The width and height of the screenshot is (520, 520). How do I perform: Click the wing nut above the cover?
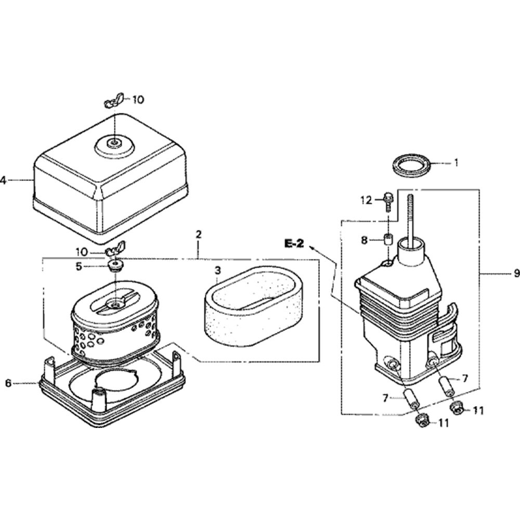click(x=114, y=100)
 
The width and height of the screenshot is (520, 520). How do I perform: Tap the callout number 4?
click(x=4, y=181)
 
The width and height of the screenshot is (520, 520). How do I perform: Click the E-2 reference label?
click(x=294, y=244)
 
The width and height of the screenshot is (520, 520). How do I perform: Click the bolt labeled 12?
click(x=387, y=201)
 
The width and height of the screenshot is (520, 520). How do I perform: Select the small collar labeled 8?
click(x=387, y=239)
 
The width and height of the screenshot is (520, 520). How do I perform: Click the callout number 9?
click(x=516, y=274)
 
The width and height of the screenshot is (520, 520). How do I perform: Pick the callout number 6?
click(x=9, y=383)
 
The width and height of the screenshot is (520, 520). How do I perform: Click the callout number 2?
click(x=198, y=235)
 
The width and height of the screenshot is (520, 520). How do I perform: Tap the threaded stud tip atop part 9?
click(x=410, y=197)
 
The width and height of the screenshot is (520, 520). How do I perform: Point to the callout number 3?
click(x=217, y=270)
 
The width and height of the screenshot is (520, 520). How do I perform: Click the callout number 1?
click(x=456, y=163)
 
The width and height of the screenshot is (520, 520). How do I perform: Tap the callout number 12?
click(x=367, y=201)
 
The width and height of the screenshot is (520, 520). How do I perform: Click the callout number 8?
click(x=365, y=240)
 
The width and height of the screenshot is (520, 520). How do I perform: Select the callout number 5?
click(x=79, y=266)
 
